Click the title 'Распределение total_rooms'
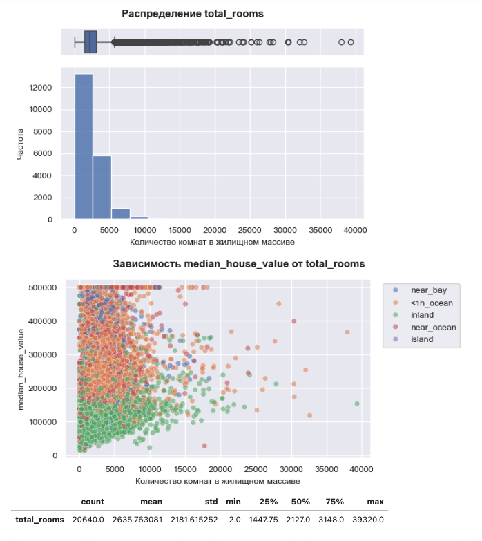(193, 14)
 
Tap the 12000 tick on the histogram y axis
(45, 88)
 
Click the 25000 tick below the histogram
(250, 230)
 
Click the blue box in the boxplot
(90, 42)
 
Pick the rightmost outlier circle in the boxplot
(351, 42)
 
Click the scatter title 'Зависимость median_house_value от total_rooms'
(238, 264)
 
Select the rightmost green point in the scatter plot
(357, 404)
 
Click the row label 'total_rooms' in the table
(39, 520)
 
